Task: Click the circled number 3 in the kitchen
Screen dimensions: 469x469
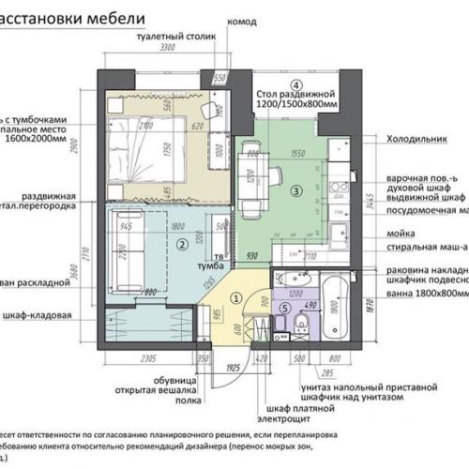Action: pyautogui.click(x=296, y=190)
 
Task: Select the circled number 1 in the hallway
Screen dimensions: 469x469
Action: pyautogui.click(x=236, y=297)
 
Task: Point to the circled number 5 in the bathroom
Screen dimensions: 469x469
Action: pyautogui.click(x=285, y=309)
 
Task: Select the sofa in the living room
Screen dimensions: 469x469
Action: pyautogui.click(x=126, y=244)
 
